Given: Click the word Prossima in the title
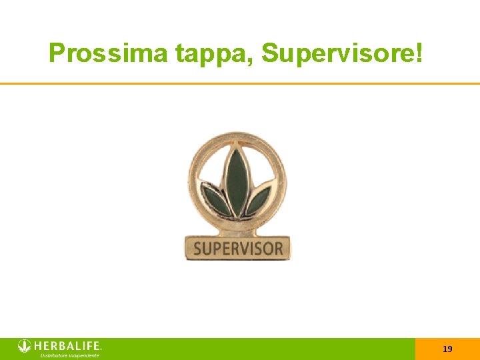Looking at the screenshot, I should pyautogui.click(x=109, y=53).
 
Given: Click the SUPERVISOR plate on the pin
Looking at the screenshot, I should pyautogui.click(x=237, y=248).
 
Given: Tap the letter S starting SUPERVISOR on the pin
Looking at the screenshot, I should pyautogui.click(x=197, y=249).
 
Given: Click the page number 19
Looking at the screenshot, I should pyautogui.click(x=447, y=349).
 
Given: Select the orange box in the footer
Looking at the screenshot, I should pyautogui.click(x=447, y=349).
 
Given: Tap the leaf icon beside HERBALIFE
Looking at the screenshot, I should pyautogui.click(x=25, y=346).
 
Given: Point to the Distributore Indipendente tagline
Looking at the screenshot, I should pyautogui.click(x=69, y=356).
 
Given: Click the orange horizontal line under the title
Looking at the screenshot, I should pyautogui.click(x=240, y=83).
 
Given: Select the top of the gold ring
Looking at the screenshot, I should pyautogui.click(x=237, y=135).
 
